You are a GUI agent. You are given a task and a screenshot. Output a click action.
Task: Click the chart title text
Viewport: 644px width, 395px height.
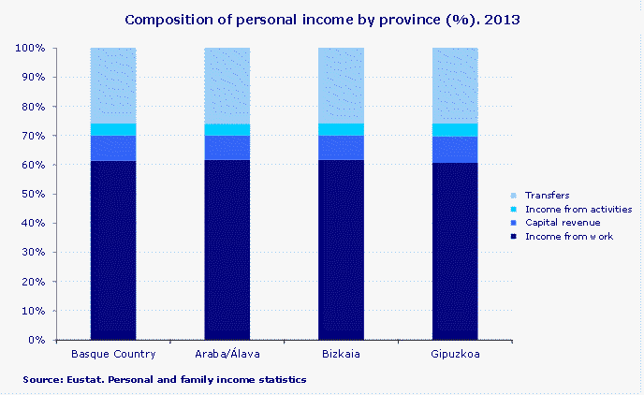click(322, 19)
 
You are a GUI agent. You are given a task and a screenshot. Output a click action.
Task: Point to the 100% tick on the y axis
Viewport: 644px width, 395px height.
click(31, 48)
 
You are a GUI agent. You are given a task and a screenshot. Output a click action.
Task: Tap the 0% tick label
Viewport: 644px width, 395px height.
click(37, 340)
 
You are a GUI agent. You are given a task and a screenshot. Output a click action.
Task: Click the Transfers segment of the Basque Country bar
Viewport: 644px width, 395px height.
click(113, 85)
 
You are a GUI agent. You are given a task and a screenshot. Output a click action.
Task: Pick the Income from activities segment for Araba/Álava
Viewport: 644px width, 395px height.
click(227, 129)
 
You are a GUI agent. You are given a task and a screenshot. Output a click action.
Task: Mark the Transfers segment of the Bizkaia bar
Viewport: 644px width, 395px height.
click(342, 85)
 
